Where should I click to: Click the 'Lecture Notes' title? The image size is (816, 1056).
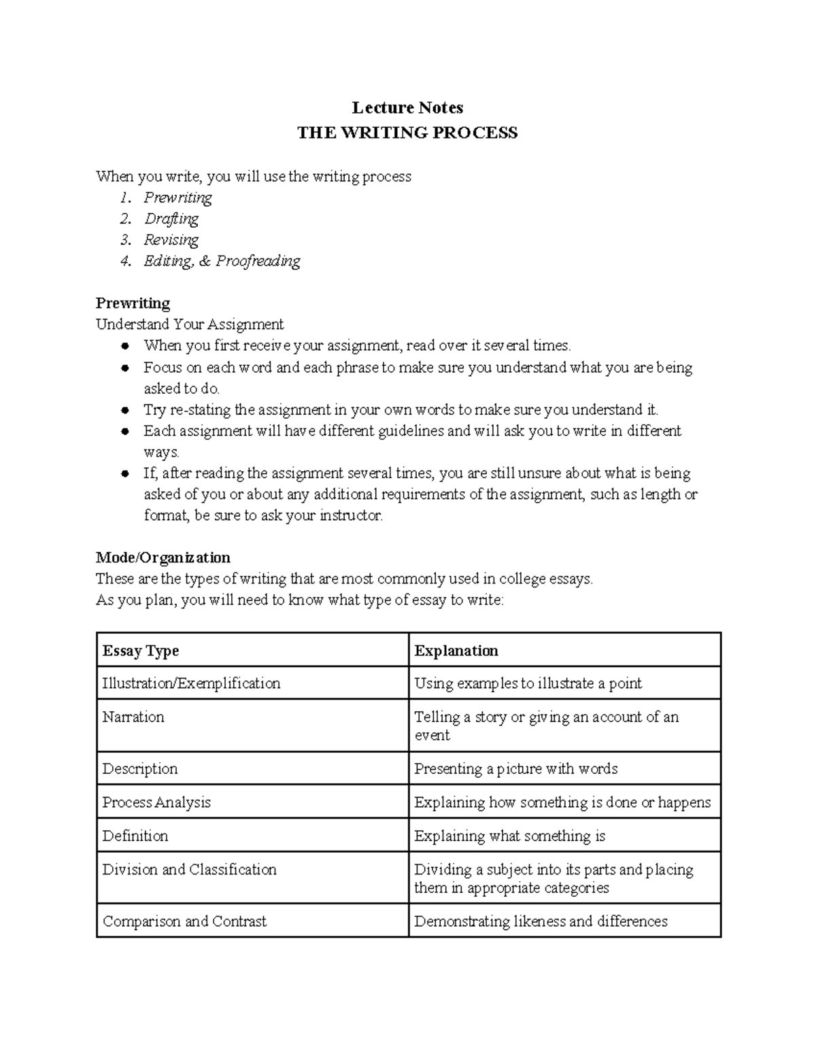point(407,107)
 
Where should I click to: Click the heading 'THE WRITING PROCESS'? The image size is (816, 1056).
point(407,133)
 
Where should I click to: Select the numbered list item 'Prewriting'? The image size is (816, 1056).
point(177,198)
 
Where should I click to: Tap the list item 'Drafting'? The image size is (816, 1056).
point(171,219)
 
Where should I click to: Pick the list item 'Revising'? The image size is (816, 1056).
point(171,240)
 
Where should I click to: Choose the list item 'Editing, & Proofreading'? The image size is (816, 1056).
point(222,261)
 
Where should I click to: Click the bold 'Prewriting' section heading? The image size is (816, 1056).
point(133,303)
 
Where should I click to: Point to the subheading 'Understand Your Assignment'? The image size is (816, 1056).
point(190,324)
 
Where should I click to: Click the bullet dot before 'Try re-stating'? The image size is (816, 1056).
point(124,411)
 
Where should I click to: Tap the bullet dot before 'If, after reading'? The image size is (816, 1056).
point(124,474)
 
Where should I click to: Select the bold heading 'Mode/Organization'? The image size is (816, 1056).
point(163,558)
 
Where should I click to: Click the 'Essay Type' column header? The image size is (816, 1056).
point(141,651)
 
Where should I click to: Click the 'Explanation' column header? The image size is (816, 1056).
point(456,651)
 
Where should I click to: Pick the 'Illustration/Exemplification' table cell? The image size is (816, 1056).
point(191,683)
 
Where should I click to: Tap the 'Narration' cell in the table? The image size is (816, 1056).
point(133,717)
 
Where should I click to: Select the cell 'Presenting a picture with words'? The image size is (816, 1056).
point(516,769)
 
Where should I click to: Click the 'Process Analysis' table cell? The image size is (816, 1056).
point(156,802)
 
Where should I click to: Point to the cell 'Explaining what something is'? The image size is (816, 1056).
point(510,836)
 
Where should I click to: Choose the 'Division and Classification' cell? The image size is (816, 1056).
point(190,870)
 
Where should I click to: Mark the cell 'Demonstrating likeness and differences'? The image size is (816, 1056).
point(541,921)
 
